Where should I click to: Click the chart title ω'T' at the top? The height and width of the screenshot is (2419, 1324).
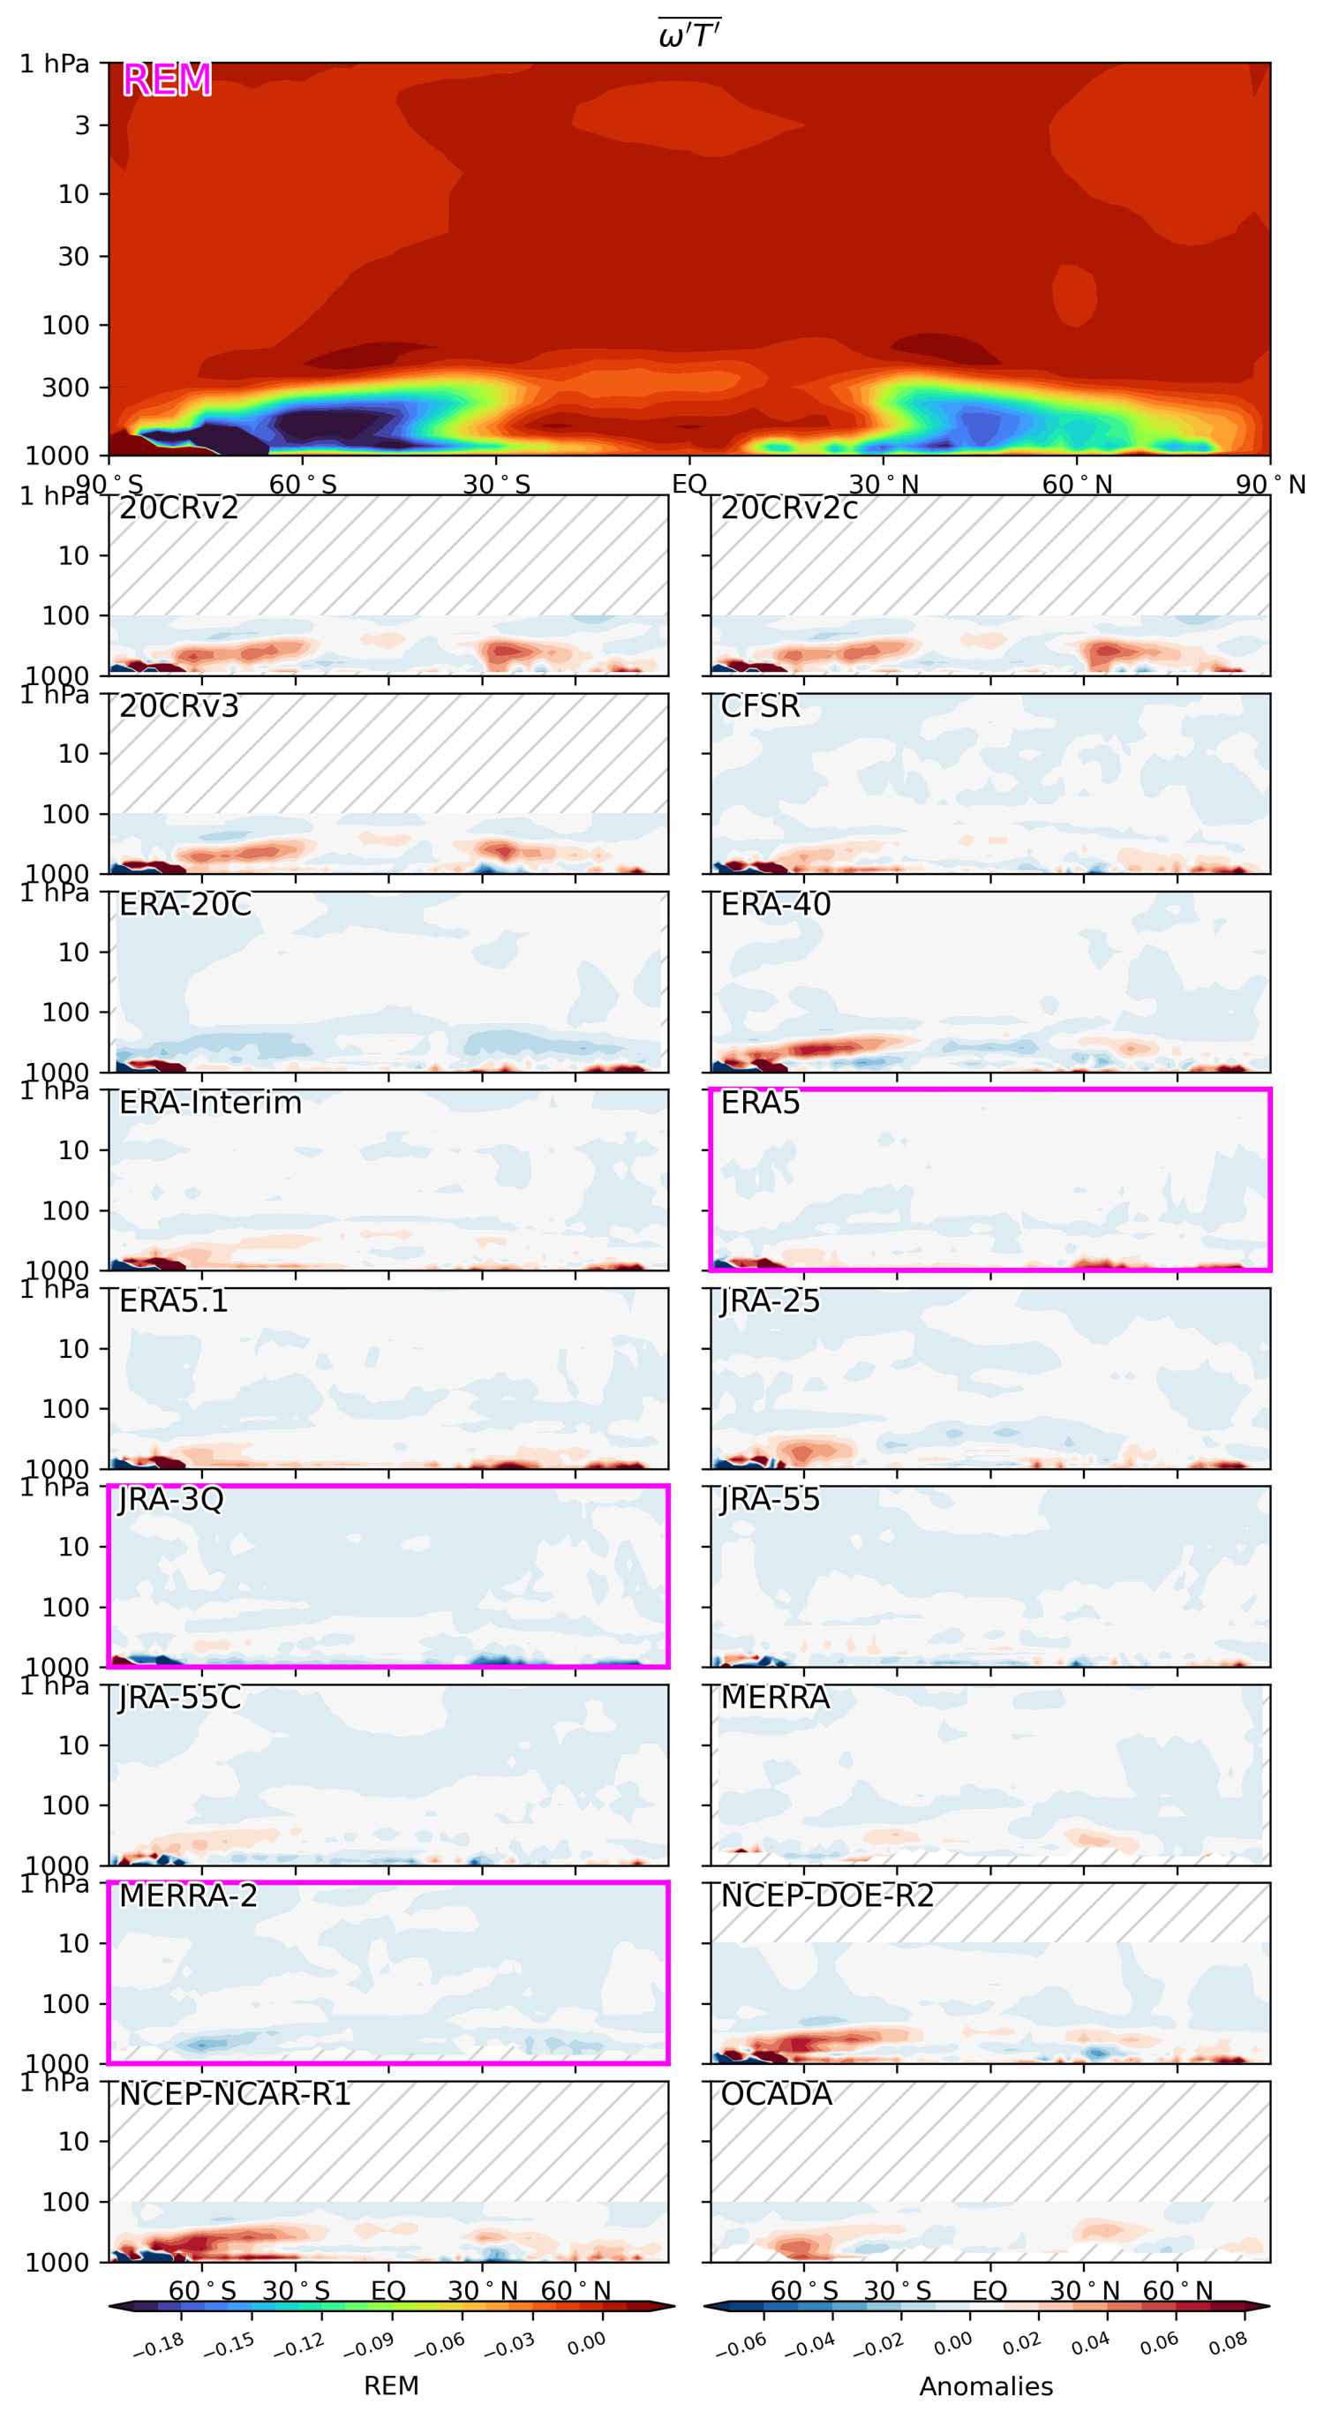[689, 35]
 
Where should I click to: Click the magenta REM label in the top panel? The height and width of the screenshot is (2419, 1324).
[167, 79]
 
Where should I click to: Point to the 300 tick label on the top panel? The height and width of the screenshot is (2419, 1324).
[64, 387]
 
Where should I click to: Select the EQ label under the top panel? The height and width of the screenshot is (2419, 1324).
[689, 485]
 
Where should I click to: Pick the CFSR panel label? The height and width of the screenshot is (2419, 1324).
[760, 706]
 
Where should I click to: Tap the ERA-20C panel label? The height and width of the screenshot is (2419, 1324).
[185, 904]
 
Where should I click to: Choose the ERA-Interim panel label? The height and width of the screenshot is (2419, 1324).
[210, 1103]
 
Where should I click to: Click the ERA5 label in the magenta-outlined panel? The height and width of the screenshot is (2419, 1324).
[760, 1103]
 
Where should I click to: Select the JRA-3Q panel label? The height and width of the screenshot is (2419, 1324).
[171, 1499]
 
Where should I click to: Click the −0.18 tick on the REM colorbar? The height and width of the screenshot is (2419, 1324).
[159, 2345]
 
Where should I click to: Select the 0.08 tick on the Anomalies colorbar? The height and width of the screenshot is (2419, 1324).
[1228, 2344]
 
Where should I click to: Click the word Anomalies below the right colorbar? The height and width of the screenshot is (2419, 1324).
[986, 2386]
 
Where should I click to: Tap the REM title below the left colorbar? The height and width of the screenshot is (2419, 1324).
[392, 2386]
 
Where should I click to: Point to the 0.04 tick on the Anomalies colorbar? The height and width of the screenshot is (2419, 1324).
[1090, 2344]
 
